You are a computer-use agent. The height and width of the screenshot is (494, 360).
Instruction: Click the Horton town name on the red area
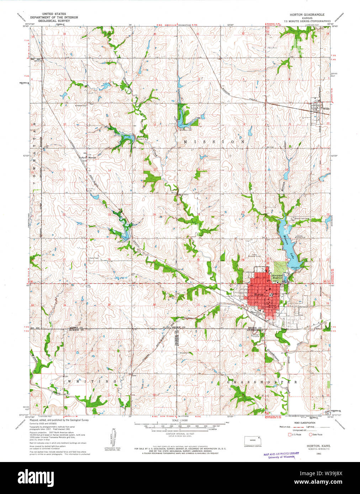259,295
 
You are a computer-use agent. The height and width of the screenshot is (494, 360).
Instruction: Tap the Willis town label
326,109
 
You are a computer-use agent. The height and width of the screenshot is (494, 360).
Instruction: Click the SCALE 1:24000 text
180,420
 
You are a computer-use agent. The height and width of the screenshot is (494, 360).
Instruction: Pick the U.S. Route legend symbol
289,434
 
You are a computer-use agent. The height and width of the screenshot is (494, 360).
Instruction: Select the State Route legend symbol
310,434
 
